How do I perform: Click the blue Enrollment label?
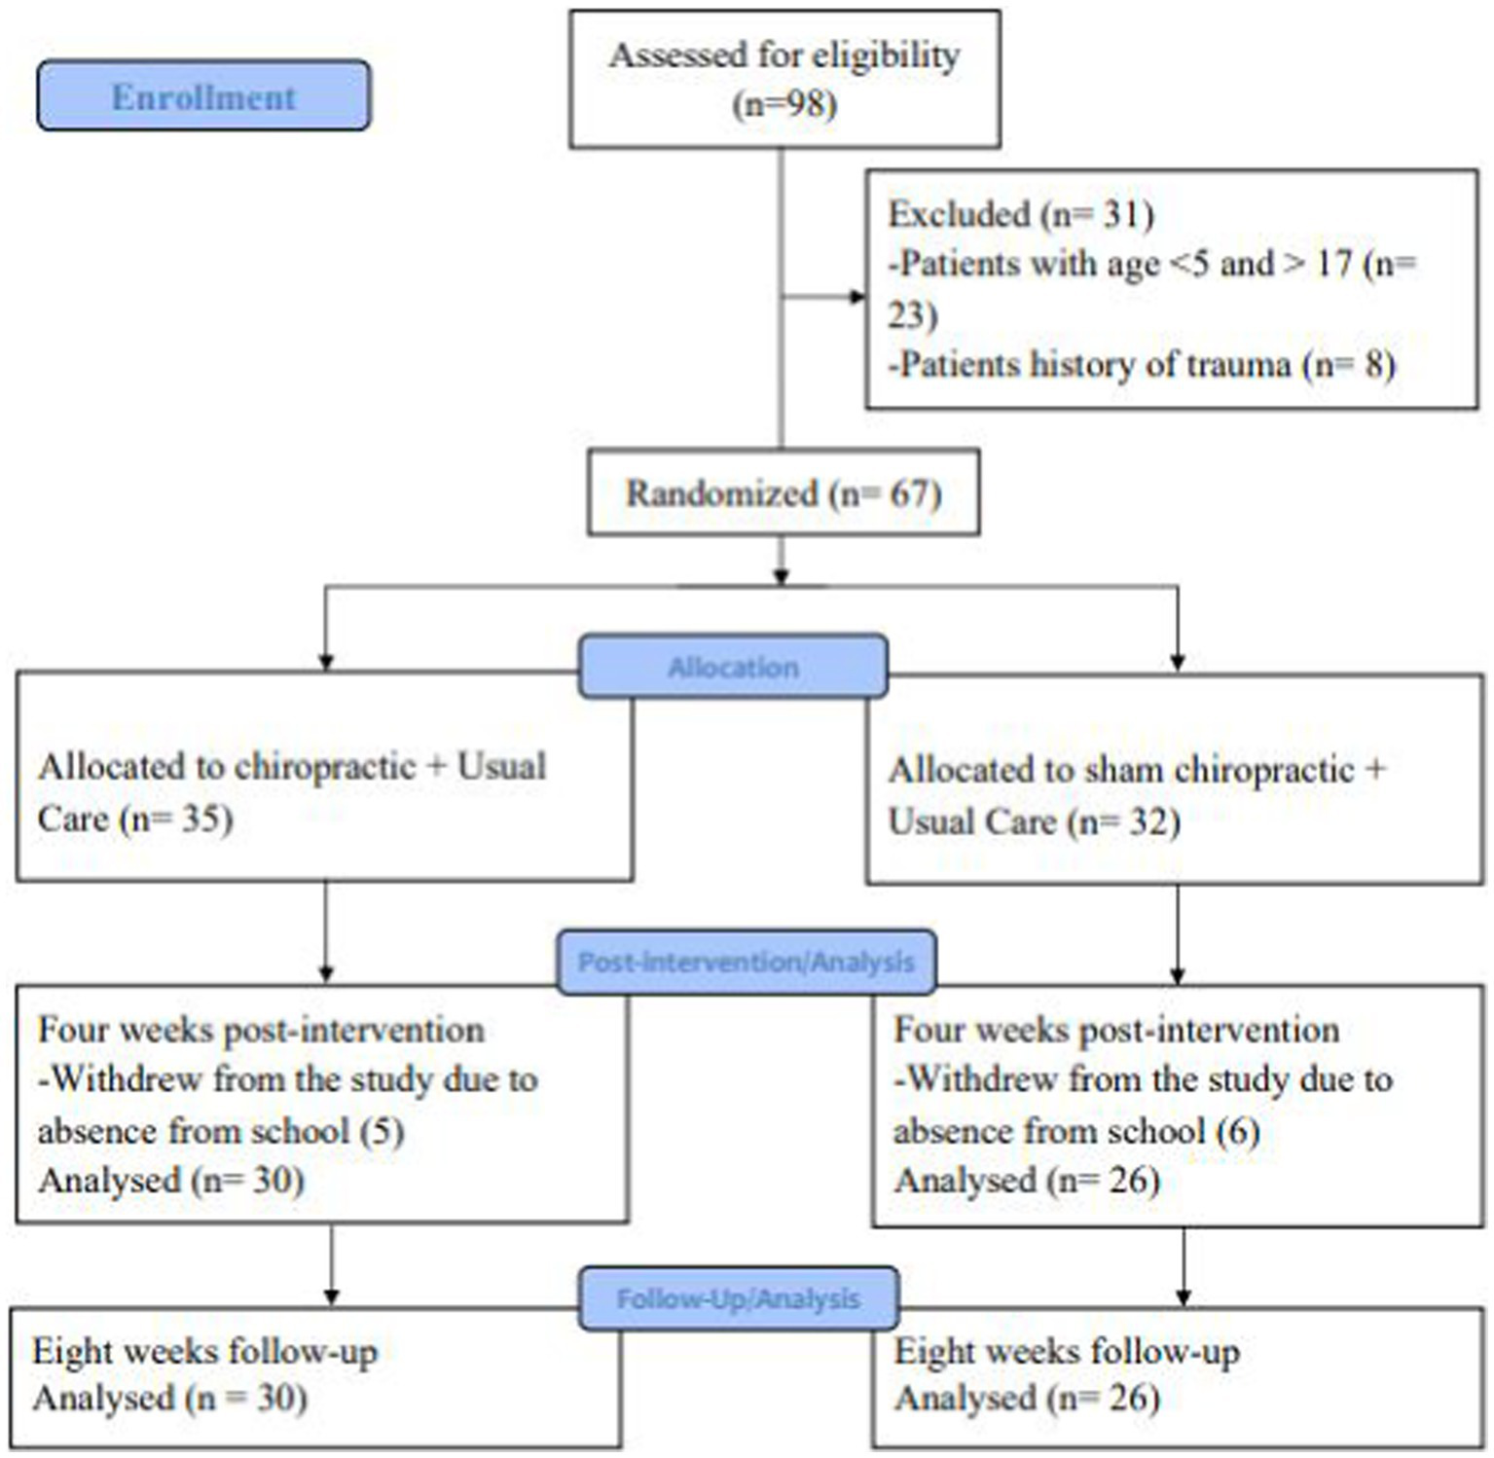(x=203, y=96)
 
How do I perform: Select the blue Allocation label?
(x=733, y=667)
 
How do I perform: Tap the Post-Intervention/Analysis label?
(x=746, y=962)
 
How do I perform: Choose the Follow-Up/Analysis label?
(x=738, y=1298)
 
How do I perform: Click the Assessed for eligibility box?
(x=784, y=80)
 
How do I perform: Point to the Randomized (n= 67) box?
(x=783, y=492)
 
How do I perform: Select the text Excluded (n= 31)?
(x=1020, y=214)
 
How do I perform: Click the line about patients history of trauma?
(x=1142, y=365)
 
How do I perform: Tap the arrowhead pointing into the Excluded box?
(x=857, y=297)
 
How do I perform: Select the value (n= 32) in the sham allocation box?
(x=1123, y=822)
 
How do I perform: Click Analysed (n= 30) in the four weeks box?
(x=171, y=1181)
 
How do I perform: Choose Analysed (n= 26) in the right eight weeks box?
(x=1027, y=1399)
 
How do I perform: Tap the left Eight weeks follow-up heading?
(x=204, y=1351)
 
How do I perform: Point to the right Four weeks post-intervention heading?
(x=1116, y=1030)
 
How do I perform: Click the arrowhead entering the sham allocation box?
(x=1178, y=663)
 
